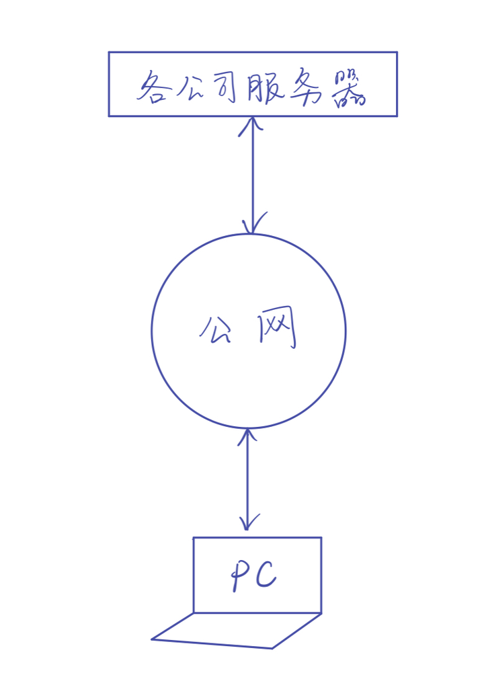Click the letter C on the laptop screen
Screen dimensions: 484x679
[x=266, y=576]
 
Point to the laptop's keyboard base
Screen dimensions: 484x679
[x=235, y=631]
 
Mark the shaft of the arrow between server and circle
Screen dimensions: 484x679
[x=252, y=175]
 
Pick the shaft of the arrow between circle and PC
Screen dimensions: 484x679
[x=248, y=480]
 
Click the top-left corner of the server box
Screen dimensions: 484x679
[x=110, y=52]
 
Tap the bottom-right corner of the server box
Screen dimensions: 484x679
[x=397, y=116]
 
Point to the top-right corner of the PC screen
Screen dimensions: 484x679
[x=321, y=538]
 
